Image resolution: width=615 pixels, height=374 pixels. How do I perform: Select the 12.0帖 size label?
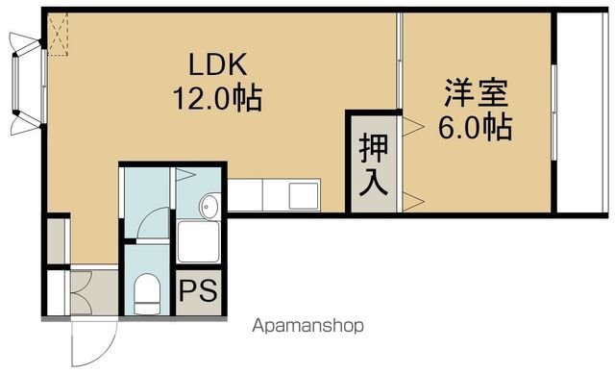click(x=217, y=97)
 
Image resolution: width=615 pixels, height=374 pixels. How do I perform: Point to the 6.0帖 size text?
click(x=476, y=125)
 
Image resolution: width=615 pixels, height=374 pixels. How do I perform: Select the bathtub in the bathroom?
click(x=200, y=239)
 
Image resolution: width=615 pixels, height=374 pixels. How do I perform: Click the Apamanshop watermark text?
click(x=307, y=326)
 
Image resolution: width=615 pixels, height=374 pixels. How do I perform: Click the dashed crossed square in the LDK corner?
click(x=60, y=35)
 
